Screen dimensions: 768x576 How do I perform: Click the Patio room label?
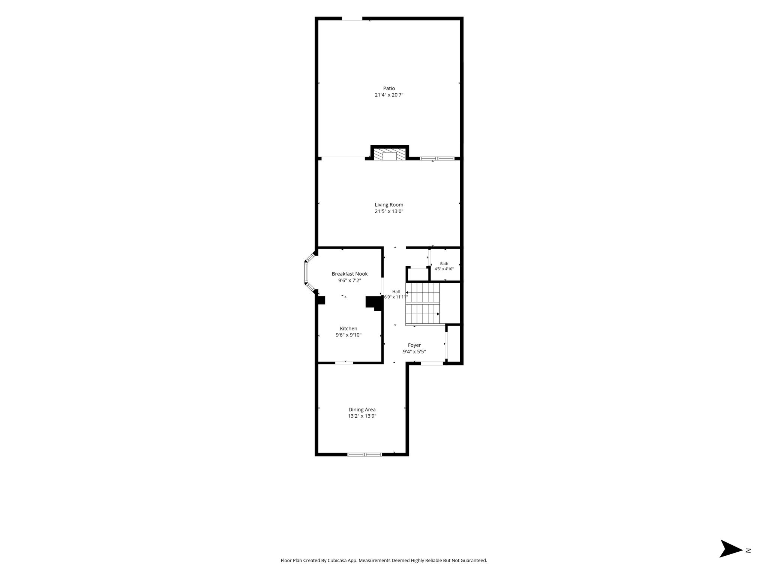(389, 88)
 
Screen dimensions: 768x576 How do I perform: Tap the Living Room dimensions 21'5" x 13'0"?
(389, 211)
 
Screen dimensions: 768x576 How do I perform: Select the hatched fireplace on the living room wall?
(390, 154)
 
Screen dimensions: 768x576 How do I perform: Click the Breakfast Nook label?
(349, 274)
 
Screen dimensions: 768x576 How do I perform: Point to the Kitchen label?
(348, 328)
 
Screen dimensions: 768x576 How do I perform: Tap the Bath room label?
(444, 264)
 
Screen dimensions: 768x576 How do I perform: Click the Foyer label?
(414, 345)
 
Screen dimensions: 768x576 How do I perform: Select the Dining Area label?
(362, 409)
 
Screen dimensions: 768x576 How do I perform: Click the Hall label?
(396, 292)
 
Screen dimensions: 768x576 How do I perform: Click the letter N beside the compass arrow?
(748, 561)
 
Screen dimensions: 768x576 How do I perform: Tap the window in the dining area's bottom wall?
(364, 454)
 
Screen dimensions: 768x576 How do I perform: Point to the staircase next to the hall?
(423, 303)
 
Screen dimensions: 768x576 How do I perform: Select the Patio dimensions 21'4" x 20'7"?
(389, 95)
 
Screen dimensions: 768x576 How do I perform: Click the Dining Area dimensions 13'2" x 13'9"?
(362, 416)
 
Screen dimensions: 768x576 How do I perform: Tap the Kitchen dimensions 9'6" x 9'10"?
(348, 335)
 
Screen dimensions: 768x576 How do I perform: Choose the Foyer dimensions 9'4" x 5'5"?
(414, 352)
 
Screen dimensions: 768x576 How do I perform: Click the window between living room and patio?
(437, 159)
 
